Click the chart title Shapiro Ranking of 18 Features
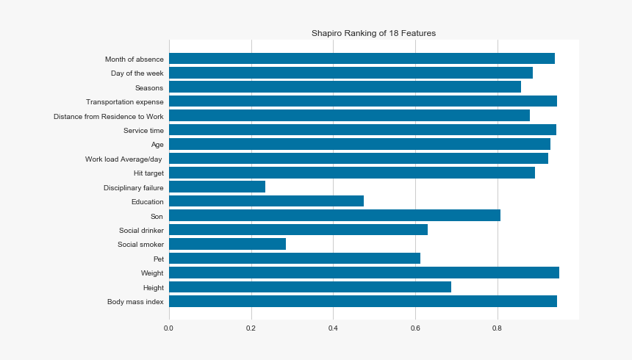(x=373, y=33)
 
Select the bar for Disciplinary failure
(x=217, y=187)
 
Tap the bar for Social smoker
(x=227, y=244)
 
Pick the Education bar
(x=266, y=201)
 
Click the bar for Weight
(x=364, y=273)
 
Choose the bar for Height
(x=309, y=287)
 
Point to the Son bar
(x=334, y=215)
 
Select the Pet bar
(x=294, y=259)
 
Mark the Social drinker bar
(x=298, y=230)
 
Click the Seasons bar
(x=345, y=87)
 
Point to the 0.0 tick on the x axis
(x=169, y=328)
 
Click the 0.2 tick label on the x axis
(x=251, y=328)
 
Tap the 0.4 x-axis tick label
(x=333, y=328)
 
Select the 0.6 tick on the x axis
(x=415, y=328)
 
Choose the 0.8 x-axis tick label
(x=498, y=328)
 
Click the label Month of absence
(x=134, y=60)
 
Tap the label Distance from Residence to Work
(x=109, y=116)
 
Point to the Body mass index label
(x=135, y=302)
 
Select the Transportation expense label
(x=124, y=102)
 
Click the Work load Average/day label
(x=124, y=159)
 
